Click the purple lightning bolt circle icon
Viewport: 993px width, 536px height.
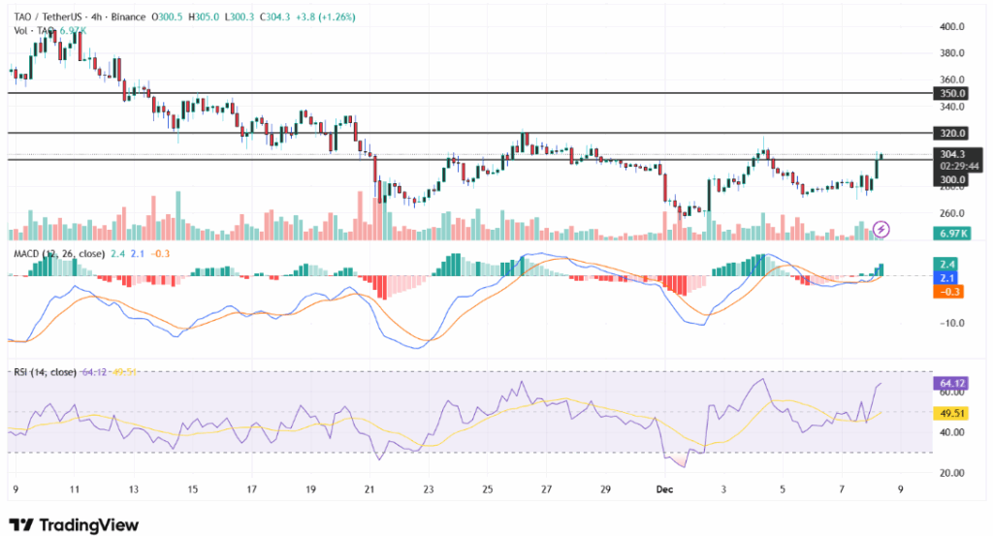point(881,229)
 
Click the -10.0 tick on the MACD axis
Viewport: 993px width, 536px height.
point(952,323)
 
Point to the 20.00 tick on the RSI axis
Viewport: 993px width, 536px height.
point(952,472)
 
